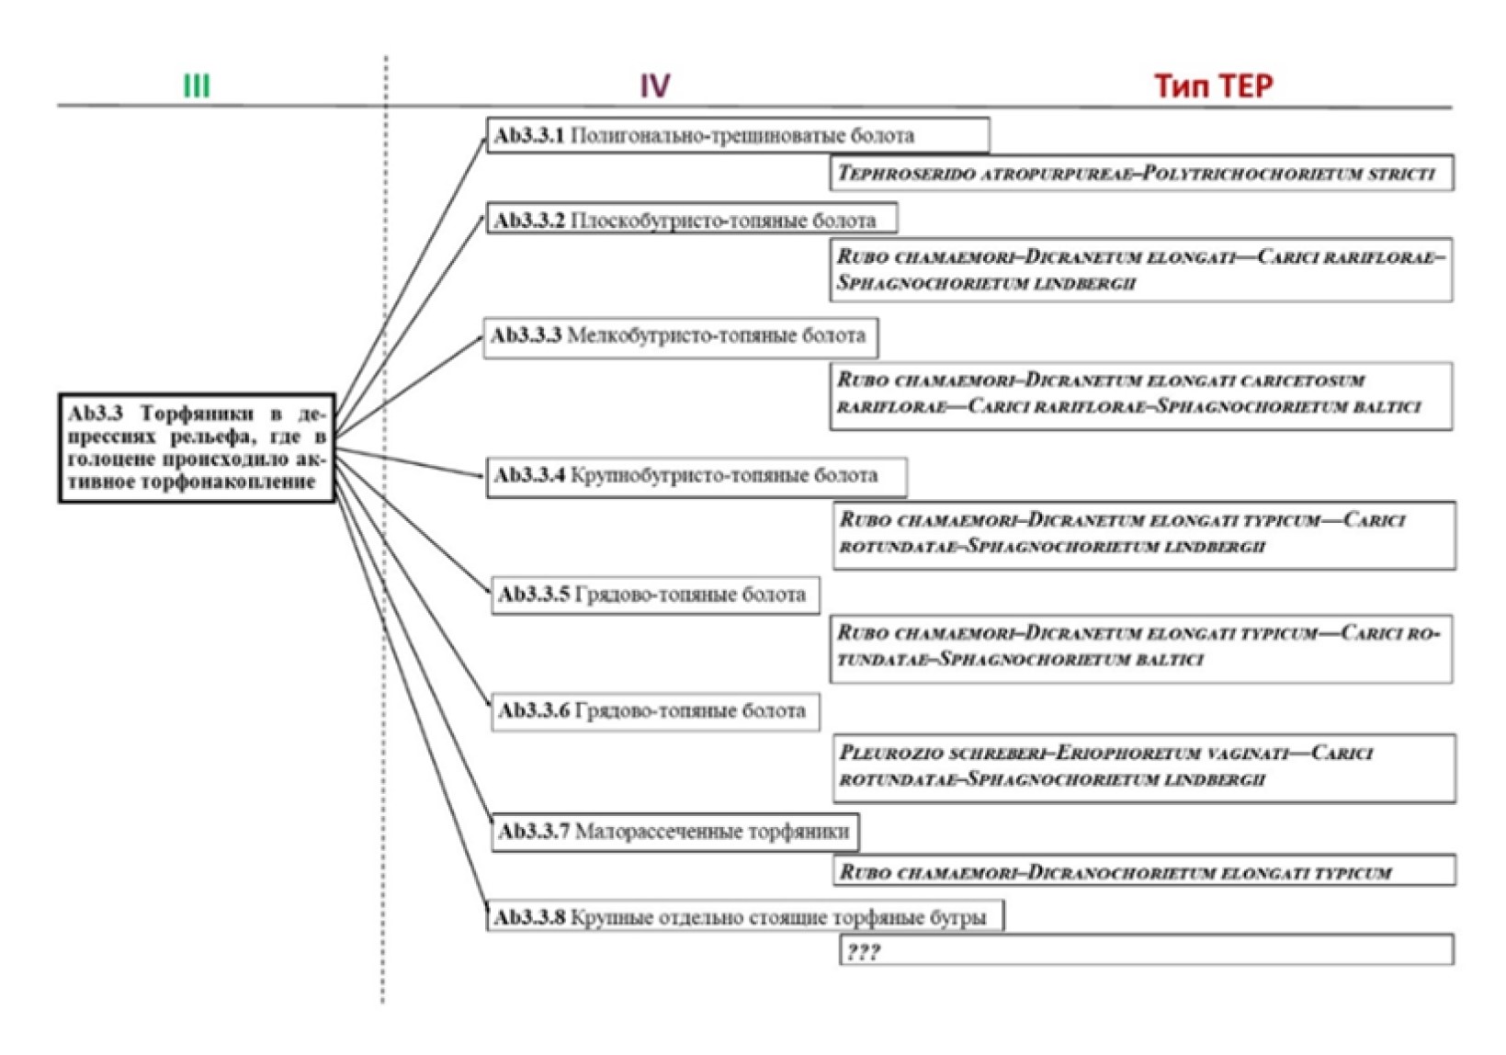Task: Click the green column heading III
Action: point(197,86)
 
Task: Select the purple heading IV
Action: point(654,86)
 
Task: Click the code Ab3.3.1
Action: point(529,136)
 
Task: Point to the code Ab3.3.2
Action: point(529,221)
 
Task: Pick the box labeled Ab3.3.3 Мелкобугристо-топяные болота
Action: point(680,336)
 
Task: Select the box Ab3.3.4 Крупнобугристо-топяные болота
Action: point(696,476)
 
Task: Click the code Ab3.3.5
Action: point(534,595)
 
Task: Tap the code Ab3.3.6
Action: point(534,710)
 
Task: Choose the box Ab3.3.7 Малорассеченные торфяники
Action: point(675,832)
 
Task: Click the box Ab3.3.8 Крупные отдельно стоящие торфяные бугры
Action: point(744,917)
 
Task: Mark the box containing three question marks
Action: point(1146,950)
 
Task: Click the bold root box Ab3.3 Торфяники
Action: point(197,448)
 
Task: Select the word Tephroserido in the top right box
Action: point(905,173)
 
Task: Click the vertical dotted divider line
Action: point(385,551)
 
